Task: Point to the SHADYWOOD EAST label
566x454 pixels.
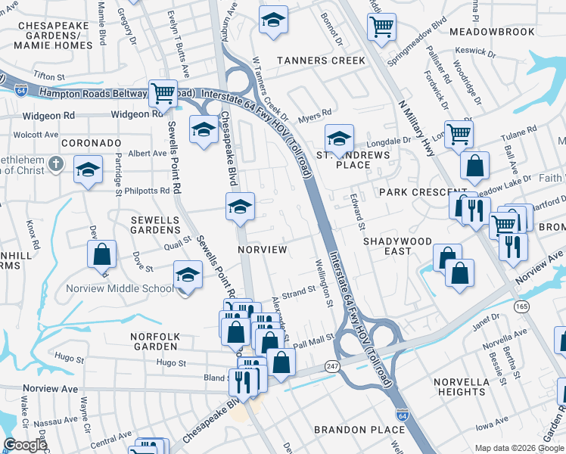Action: click(398, 246)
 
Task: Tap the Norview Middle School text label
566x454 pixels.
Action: click(130, 288)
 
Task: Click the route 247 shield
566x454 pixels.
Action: click(334, 366)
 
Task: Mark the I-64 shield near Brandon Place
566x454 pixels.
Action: click(403, 415)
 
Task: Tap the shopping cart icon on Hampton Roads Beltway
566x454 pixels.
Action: click(163, 94)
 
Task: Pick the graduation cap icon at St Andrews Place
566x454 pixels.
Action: click(340, 138)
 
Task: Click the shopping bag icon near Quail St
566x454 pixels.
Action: click(101, 255)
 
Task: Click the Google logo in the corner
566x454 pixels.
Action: click(25, 445)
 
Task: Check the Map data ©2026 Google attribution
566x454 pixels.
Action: click(519, 448)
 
